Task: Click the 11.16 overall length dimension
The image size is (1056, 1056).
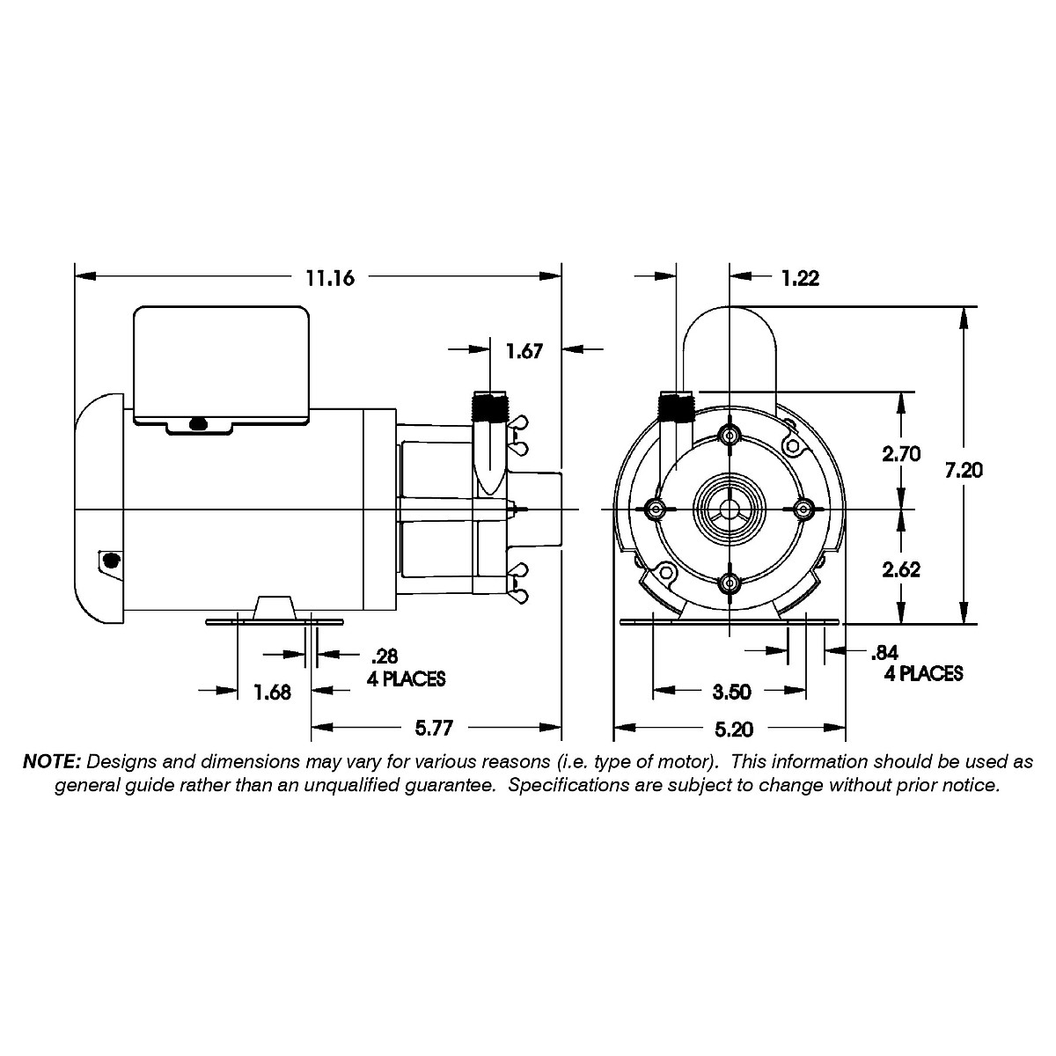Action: tap(330, 278)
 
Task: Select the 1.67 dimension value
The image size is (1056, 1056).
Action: tap(524, 351)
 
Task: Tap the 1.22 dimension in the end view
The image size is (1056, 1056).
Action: tap(800, 278)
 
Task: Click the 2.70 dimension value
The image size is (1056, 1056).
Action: tap(901, 454)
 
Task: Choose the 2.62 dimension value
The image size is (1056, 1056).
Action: tap(901, 568)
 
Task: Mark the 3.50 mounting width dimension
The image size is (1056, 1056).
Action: tap(731, 692)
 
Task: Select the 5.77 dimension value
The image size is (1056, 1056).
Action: tap(435, 729)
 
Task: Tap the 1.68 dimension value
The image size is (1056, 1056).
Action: tap(273, 692)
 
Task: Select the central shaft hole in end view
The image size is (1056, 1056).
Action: tap(729, 510)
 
